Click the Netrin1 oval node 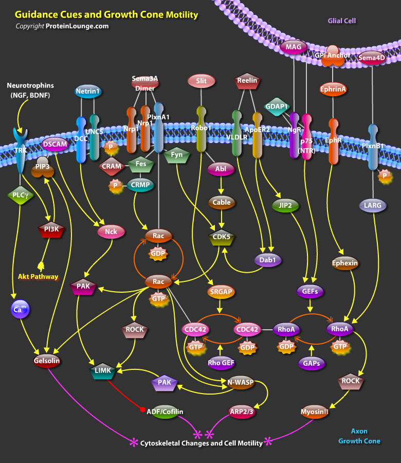87,92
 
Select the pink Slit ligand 202,80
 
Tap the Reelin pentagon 247,80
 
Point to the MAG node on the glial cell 293,47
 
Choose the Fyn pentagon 177,154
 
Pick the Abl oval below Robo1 221,169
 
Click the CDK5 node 222,237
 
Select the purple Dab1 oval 268,260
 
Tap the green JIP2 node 285,205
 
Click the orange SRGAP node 221,292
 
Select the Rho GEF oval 221,363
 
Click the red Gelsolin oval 47,361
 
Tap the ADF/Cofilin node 165,411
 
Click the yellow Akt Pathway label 38,277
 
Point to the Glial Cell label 342,21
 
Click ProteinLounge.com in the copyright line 77,26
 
